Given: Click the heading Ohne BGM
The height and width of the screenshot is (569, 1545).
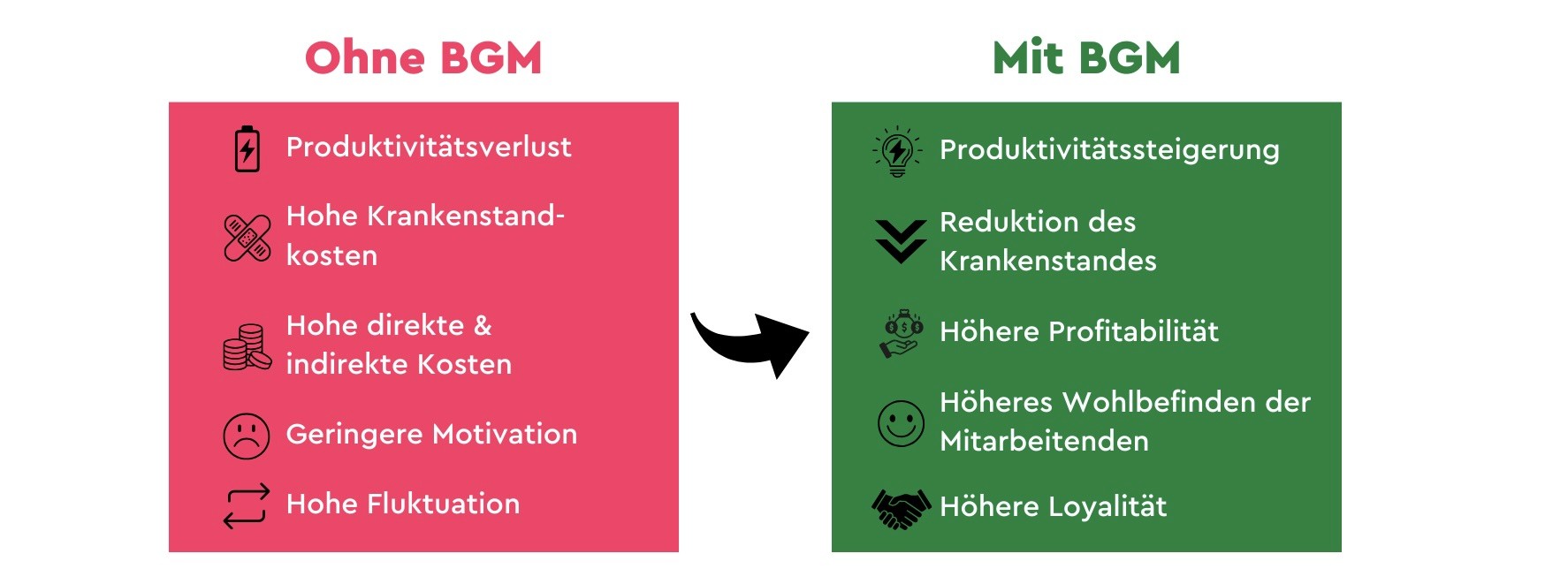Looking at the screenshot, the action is [422, 58].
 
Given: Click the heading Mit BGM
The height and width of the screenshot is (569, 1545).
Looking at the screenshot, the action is [1086, 58].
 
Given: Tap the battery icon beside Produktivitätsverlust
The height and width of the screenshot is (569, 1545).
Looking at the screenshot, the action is [247, 148].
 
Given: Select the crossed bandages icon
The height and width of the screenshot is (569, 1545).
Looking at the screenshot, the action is [247, 238].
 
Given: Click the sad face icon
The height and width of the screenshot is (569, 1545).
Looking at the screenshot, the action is [247, 436].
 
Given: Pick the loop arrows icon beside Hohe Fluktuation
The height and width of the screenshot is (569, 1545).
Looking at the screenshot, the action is [247, 506].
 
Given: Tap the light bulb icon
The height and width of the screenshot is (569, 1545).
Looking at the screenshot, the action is [898, 151].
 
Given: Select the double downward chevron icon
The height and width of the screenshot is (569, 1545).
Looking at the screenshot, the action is [901, 241].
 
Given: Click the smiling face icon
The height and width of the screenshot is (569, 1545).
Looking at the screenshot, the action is [901, 423].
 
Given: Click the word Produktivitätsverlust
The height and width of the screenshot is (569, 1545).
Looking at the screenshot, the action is [429, 147].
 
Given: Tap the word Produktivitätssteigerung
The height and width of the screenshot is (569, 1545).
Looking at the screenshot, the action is [1109, 150].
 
